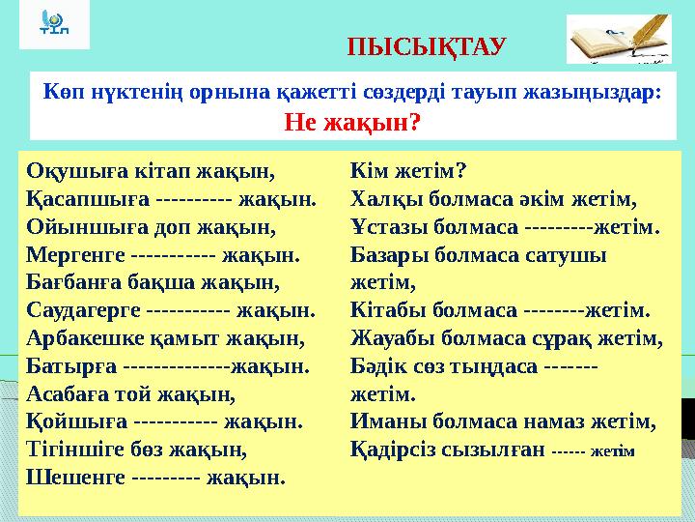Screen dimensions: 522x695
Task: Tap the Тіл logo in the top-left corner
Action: click(54, 24)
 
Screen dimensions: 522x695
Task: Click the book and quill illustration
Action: click(620, 40)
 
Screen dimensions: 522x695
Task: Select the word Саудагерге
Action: click(83, 312)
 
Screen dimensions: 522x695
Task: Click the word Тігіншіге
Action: click(76, 449)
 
